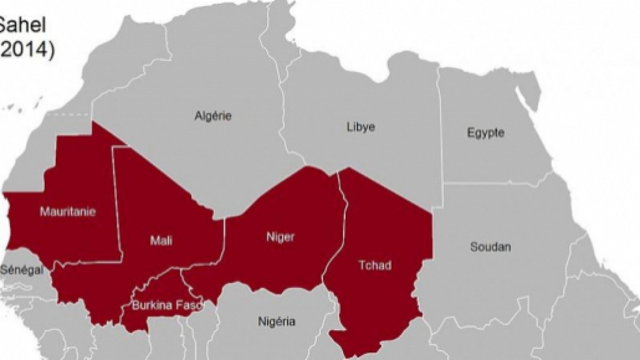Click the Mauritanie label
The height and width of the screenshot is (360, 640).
coord(68,212)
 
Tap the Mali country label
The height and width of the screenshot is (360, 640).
coord(161,241)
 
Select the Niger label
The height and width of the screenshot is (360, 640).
coord(280,237)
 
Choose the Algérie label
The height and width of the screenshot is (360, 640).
coord(213,116)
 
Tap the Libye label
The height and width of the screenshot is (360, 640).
coord(361,127)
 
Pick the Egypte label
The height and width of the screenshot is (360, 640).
coord(485,133)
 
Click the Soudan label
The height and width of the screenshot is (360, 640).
coord(490,247)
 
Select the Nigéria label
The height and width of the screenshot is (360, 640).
coord(276,322)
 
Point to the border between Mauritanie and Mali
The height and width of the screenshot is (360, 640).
coord(117,203)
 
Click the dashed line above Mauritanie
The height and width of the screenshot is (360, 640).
coord(69,114)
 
